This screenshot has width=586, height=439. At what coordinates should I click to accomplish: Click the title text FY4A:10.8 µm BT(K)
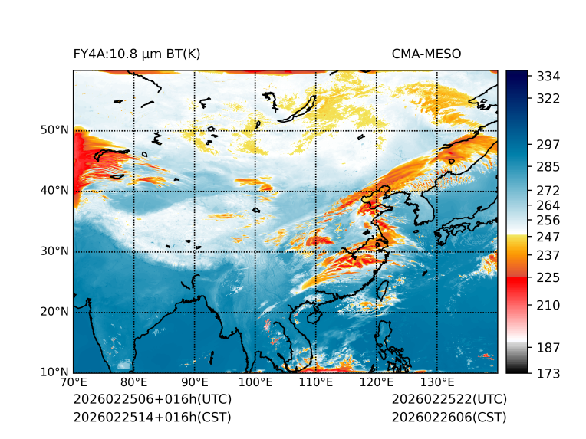click(137, 54)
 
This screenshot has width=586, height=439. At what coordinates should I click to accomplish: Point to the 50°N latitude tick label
click(54, 130)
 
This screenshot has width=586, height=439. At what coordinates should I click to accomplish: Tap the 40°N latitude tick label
click(54, 191)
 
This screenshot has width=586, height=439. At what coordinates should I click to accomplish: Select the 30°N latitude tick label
click(54, 251)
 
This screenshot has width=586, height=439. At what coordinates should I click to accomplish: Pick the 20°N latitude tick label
click(54, 312)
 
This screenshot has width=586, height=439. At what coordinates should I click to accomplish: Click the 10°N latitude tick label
click(54, 372)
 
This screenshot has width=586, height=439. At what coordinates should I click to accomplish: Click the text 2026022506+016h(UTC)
click(152, 400)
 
